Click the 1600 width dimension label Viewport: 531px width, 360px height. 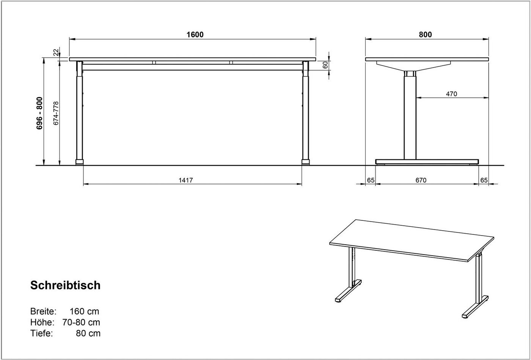[x=195, y=35]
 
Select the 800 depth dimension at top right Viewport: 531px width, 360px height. [x=425, y=35]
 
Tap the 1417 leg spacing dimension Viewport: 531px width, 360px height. [x=186, y=180]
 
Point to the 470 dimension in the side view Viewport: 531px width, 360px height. [x=451, y=94]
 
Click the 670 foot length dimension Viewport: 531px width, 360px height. [x=421, y=180]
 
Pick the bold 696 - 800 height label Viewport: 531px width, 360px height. [x=39, y=113]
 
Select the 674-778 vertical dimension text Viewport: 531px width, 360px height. [x=56, y=113]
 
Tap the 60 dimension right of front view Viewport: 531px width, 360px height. [x=325, y=65]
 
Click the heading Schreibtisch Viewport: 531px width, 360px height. [x=65, y=285]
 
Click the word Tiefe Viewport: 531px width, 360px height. [x=41, y=333]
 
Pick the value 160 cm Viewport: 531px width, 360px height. [x=84, y=311]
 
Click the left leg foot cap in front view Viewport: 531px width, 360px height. [x=79, y=162]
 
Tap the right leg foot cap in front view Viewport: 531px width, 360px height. [x=305, y=162]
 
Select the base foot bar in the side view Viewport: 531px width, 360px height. [x=427, y=162]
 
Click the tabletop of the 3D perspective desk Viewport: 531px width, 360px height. [x=412, y=239]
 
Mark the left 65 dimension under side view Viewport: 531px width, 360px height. [x=371, y=180]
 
